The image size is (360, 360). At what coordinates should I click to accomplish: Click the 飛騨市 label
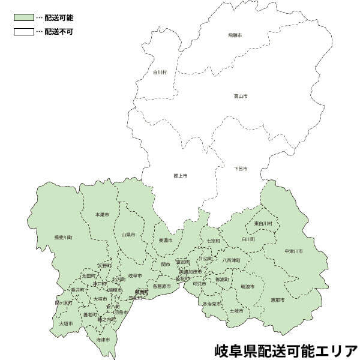coord(236,37)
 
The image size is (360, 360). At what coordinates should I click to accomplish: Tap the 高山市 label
coord(241,96)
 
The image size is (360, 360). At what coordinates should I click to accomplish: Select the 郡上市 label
coord(180,176)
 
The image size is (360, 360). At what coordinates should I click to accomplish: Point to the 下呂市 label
coord(241,169)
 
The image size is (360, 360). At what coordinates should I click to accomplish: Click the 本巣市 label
coord(102,214)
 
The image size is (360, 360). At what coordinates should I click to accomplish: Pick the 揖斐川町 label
coord(63,238)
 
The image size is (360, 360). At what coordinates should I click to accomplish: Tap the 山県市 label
coord(128,235)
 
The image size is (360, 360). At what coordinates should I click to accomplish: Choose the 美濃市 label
coord(165,241)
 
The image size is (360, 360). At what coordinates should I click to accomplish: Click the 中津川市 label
coord(293,250)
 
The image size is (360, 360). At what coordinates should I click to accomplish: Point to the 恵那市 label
coord(277,299)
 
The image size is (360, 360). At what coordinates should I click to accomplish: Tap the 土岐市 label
coord(236,311)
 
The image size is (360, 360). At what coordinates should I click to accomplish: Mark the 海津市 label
coord(103,340)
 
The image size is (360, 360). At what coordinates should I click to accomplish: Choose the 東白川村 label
coord(263,224)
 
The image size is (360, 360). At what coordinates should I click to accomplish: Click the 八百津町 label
coord(231,260)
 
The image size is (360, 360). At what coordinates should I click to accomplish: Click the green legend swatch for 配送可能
coord(23,18)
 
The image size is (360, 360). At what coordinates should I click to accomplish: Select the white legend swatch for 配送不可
coord(23,31)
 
